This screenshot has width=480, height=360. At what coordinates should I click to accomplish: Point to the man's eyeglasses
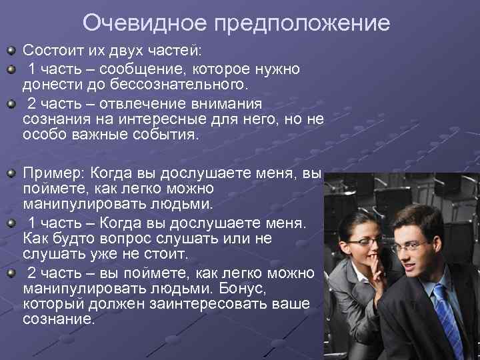click(x=409, y=247)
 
